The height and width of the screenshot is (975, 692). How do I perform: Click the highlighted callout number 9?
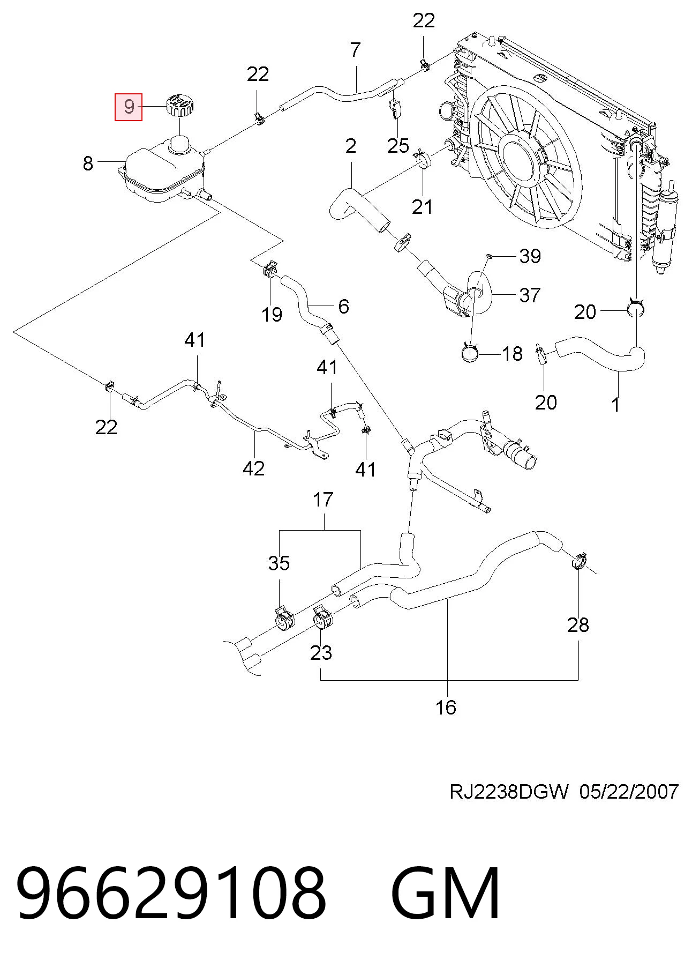pyautogui.click(x=129, y=106)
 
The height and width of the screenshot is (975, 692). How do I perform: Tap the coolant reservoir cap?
pyautogui.click(x=179, y=104)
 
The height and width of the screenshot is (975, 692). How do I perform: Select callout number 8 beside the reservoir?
pyautogui.click(x=88, y=163)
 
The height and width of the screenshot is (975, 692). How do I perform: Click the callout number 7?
pyautogui.click(x=356, y=50)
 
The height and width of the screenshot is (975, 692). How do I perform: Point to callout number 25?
pyautogui.click(x=398, y=146)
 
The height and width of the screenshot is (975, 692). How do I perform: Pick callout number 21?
pyautogui.click(x=422, y=206)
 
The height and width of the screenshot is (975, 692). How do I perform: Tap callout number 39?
pyautogui.click(x=530, y=256)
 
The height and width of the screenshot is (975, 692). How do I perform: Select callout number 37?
pyautogui.click(x=530, y=295)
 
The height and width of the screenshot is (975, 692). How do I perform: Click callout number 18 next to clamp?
pyautogui.click(x=512, y=354)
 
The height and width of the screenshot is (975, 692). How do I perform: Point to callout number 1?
pyautogui.click(x=615, y=405)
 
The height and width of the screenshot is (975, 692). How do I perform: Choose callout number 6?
pyautogui.click(x=343, y=306)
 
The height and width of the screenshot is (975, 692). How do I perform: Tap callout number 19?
pyautogui.click(x=272, y=314)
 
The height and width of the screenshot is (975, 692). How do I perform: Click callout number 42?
pyautogui.click(x=254, y=468)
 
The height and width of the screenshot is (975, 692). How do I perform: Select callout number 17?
pyautogui.click(x=323, y=500)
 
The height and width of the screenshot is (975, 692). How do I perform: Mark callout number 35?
pyautogui.click(x=279, y=563)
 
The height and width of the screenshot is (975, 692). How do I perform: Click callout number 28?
pyautogui.click(x=578, y=624)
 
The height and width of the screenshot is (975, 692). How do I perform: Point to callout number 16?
pyautogui.click(x=446, y=708)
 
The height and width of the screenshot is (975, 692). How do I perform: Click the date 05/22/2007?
pyautogui.click(x=629, y=791)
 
